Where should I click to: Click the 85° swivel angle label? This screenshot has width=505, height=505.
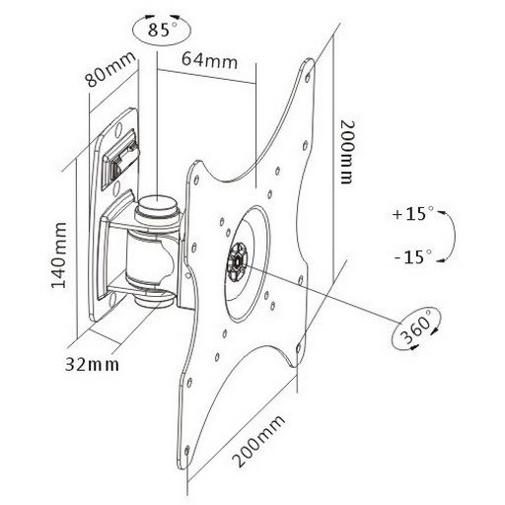click(163, 29)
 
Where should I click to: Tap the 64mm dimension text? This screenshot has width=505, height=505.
click(210, 61)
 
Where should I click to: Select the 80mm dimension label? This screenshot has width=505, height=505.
click(109, 70)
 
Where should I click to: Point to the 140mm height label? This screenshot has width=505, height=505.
click(59, 255)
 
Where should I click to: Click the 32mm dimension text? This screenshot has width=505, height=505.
click(92, 364)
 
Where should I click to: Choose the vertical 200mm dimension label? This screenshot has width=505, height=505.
click(347, 152)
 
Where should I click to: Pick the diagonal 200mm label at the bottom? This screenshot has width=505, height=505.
click(258, 441)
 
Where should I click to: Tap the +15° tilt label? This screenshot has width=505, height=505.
click(413, 214)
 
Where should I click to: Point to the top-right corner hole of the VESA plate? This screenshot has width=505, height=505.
click(308, 78)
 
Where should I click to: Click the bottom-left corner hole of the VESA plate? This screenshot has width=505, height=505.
click(187, 450)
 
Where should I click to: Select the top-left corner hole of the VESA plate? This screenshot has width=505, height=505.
click(196, 180)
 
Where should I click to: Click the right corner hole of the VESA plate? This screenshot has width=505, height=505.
click(299, 348)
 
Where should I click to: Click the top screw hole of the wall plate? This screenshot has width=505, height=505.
click(117, 129)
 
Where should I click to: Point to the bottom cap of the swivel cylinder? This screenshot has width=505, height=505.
click(155, 298)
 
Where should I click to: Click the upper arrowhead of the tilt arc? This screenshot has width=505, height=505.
click(440, 213)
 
